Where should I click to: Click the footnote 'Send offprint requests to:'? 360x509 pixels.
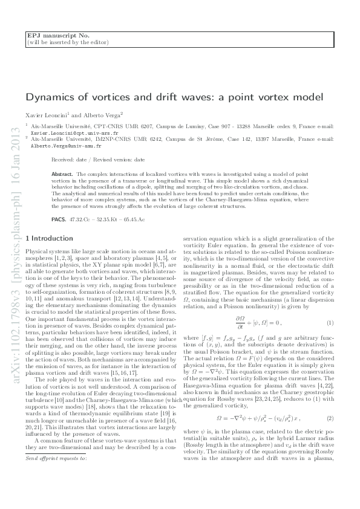click(x=56, y=475)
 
